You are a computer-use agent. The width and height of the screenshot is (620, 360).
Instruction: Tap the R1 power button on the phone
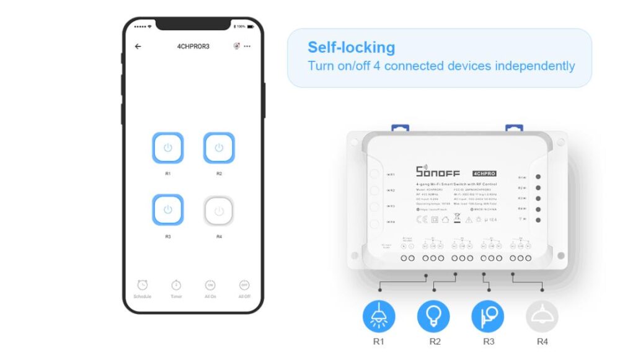167,148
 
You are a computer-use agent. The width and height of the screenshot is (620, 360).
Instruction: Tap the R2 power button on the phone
219,148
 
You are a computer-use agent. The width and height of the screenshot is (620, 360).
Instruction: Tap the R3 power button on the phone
167,210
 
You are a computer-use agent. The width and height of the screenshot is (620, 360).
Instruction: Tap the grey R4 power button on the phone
219,211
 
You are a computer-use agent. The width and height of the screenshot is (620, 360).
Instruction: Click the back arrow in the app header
138,46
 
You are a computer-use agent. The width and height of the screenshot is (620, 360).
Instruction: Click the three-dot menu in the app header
247,46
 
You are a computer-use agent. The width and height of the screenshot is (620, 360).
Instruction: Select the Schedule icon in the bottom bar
142,285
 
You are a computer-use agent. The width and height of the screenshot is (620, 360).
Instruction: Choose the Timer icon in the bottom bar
176,285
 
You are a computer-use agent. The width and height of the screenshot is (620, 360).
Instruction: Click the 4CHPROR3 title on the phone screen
193,46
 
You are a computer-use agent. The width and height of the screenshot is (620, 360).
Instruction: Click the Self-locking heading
351,47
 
